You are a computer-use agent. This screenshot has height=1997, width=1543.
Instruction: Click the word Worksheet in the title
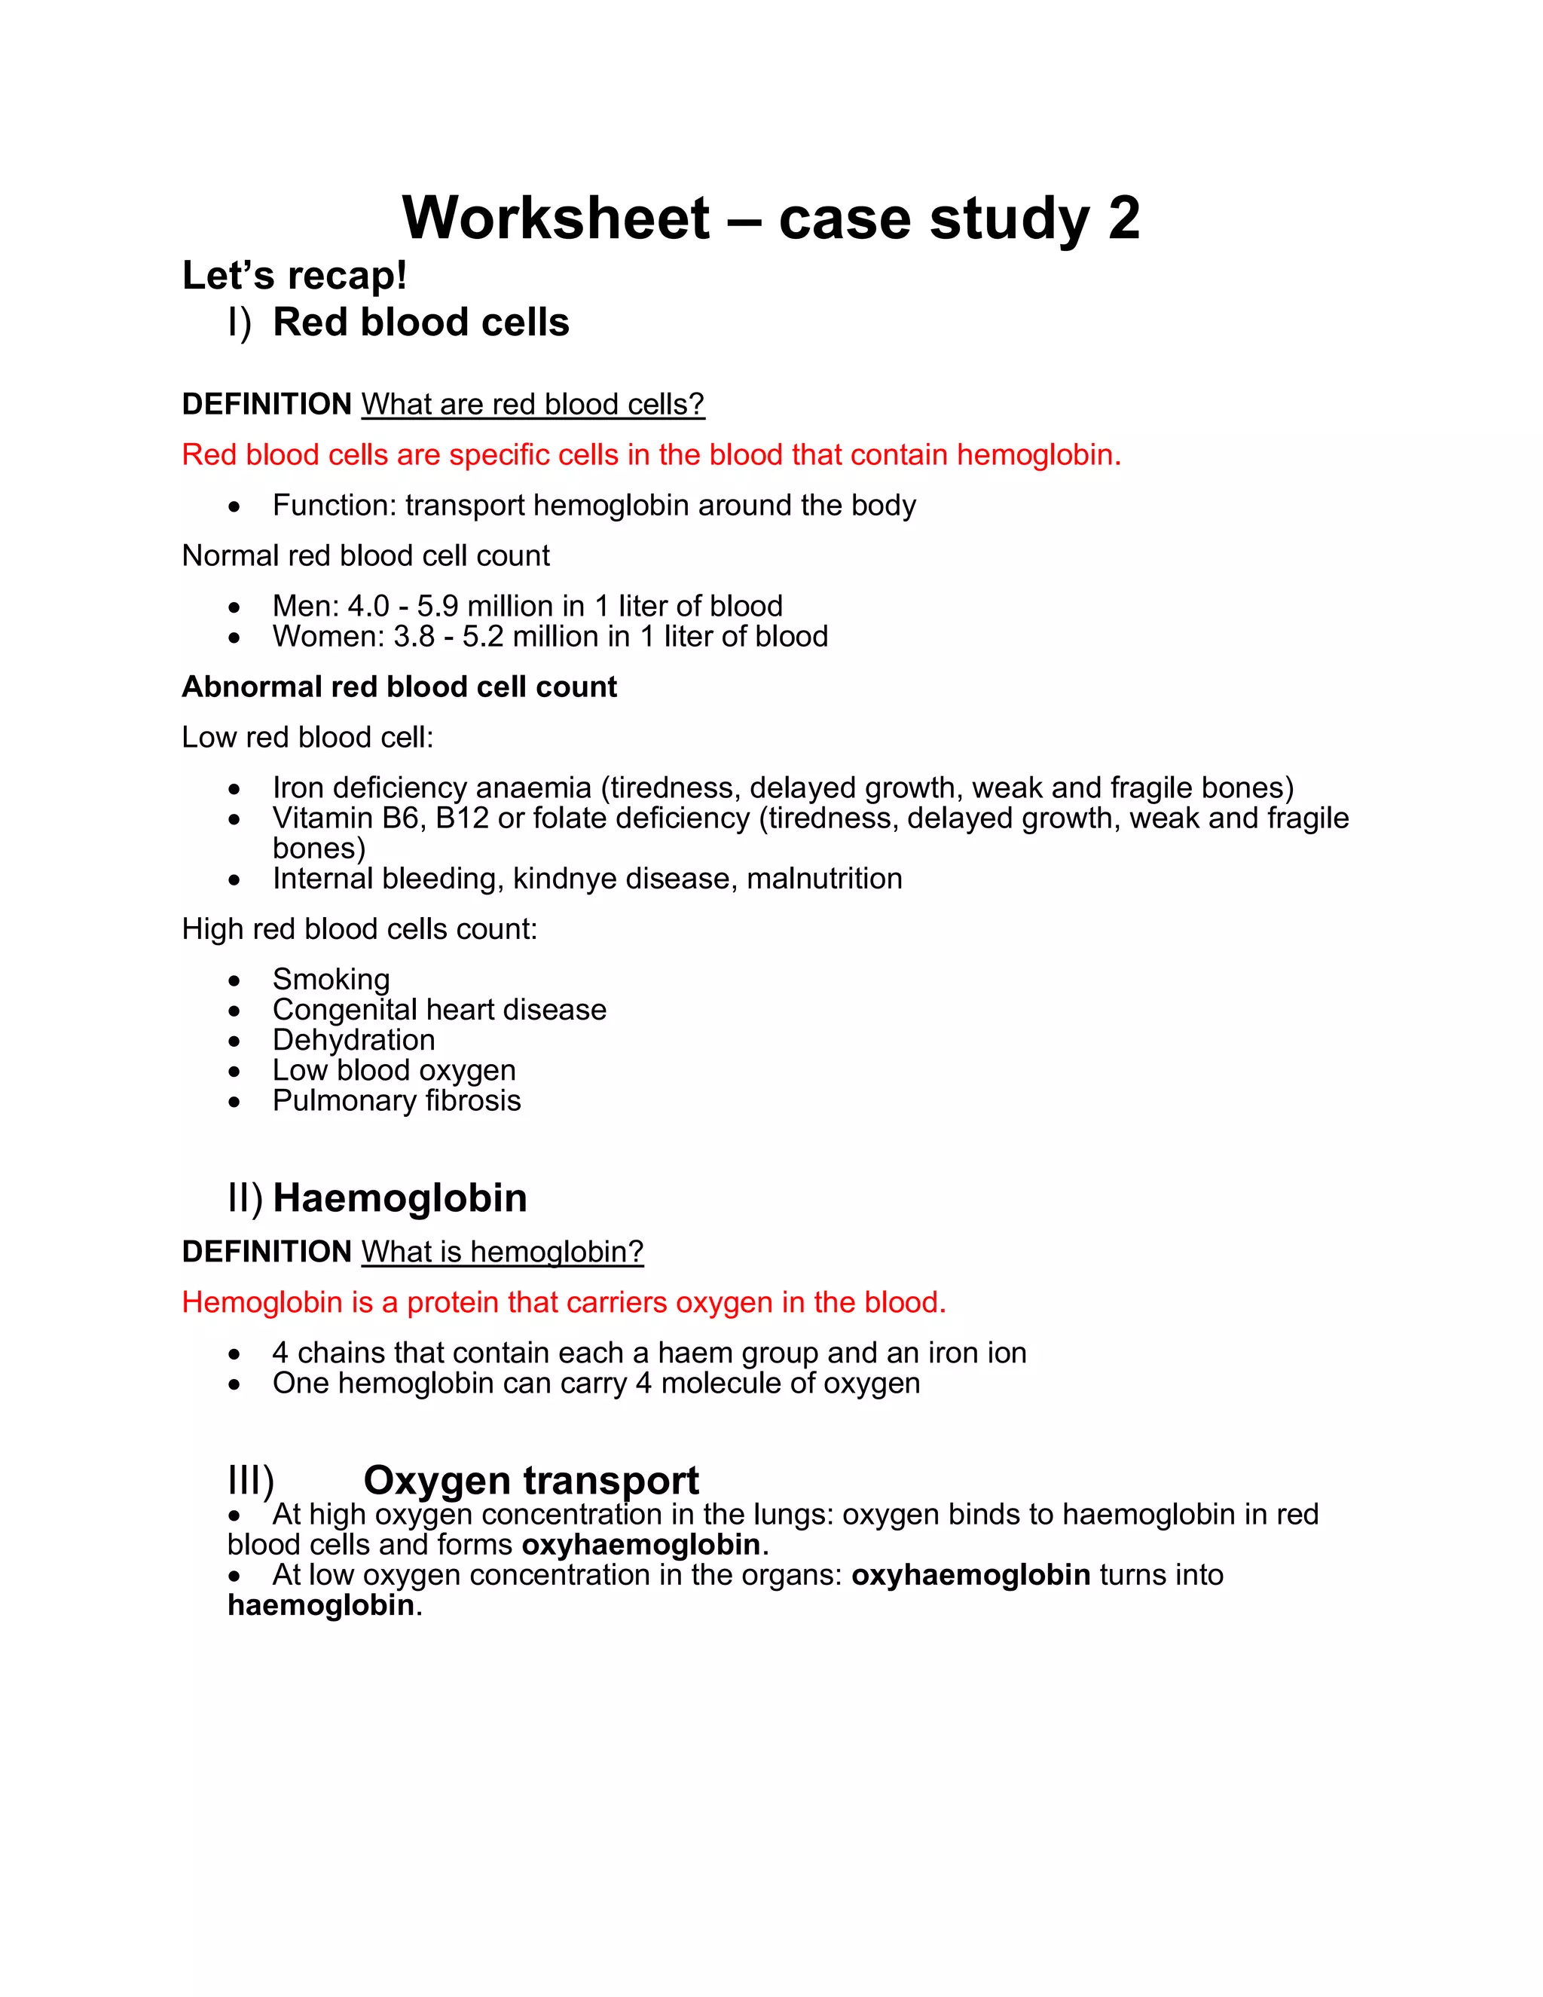pos(556,219)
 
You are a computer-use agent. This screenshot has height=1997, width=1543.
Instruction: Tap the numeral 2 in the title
pos(1123,219)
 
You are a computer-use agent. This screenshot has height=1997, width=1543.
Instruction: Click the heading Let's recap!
pos(295,275)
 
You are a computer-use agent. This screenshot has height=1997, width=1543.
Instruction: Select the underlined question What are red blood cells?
pos(533,404)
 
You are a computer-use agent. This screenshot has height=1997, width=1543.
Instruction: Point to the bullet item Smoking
pos(331,980)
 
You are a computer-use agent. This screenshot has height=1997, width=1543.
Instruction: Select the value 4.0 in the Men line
pos(368,606)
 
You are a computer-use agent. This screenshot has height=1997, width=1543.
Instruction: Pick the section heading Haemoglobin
pos(399,1198)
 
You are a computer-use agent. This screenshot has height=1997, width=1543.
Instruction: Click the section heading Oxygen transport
pos(531,1480)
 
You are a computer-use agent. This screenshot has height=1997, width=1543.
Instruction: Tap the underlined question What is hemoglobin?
pos(502,1252)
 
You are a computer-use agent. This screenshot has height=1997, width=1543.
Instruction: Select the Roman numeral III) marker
pos(250,1480)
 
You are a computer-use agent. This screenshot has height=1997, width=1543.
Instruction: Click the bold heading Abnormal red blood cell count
pos(399,687)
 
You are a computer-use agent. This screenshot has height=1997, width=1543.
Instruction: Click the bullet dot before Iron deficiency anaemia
pos(235,789)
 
